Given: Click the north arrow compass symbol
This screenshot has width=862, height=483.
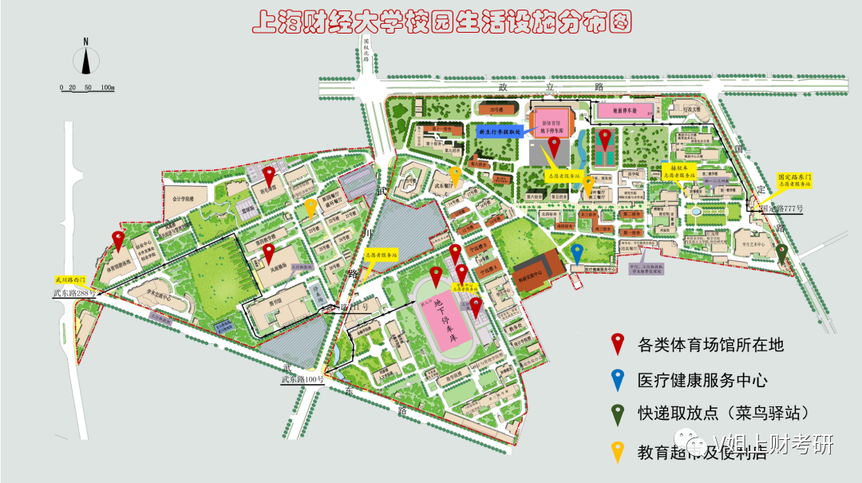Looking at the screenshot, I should tap(85, 60).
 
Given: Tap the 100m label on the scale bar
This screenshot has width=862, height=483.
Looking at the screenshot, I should tap(107, 87).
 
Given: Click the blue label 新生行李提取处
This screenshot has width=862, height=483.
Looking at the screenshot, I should tap(499, 129).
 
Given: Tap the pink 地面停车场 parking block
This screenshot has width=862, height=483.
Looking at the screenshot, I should tap(623, 111).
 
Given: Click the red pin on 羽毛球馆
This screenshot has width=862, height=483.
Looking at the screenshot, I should tap(269, 173).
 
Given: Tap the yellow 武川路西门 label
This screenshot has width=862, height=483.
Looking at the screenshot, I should tap(73, 280).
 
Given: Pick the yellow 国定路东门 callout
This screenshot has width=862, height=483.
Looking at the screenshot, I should tap(796, 180).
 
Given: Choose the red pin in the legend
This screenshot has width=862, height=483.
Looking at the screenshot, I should tap(617, 343).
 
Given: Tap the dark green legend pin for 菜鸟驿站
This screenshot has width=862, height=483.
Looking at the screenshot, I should tap(617, 414).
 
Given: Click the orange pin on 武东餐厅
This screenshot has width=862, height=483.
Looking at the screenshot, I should tap(455, 175).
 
